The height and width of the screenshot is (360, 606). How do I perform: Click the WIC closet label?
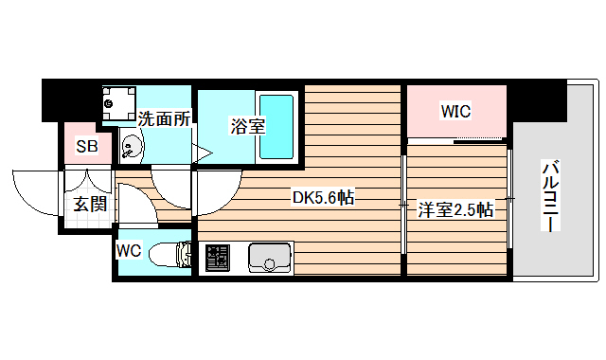455,112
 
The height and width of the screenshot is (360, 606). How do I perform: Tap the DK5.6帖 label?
323,198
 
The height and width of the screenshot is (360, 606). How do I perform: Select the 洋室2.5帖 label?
455,209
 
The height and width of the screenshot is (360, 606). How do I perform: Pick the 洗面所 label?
165,119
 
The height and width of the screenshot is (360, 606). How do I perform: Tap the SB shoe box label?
87,146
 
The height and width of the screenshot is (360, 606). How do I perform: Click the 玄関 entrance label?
90,203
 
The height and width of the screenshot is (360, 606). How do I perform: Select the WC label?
129,250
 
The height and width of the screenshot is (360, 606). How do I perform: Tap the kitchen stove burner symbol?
218,257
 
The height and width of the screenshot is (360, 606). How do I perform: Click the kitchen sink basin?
270,257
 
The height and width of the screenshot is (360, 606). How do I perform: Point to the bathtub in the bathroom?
276,126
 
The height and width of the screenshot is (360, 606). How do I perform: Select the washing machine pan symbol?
119,100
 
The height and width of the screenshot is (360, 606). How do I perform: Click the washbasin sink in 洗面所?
130,147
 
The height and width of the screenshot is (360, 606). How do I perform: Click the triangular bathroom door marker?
202,151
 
